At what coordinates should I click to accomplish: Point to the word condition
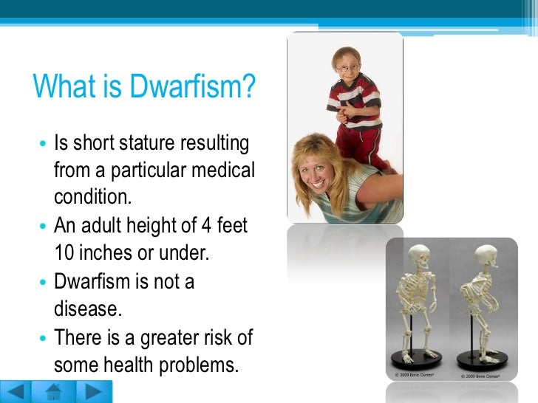[x=92, y=198]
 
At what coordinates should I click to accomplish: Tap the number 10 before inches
[x=63, y=254]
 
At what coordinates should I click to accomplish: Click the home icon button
[x=54, y=391]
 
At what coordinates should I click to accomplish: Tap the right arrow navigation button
[x=92, y=391]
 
